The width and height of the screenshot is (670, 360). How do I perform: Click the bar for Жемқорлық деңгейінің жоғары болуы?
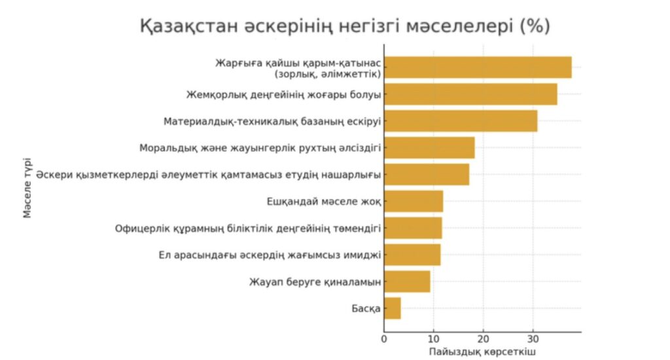(470, 94)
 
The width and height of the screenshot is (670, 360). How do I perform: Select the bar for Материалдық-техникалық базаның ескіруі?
(461, 121)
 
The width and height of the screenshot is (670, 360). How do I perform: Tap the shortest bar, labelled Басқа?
(393, 308)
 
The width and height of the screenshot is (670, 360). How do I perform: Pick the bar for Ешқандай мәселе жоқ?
(414, 201)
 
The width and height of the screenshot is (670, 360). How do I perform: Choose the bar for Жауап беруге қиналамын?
(407, 281)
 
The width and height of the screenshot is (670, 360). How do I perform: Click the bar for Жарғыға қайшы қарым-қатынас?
(478, 67)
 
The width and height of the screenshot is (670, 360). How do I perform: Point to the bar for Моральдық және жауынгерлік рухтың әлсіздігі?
(429, 148)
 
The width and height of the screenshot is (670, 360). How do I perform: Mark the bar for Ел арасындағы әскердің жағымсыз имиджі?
(412, 255)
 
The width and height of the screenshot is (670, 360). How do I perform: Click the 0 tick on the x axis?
(384, 338)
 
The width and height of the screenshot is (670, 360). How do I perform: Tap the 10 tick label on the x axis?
(433, 338)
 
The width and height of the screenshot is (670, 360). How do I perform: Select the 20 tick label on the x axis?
(483, 338)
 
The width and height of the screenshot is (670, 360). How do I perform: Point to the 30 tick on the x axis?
(533, 338)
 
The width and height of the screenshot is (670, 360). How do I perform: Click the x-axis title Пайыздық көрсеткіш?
(482, 352)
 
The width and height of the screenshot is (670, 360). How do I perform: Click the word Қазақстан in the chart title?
(194, 27)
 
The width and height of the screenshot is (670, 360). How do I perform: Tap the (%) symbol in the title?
(534, 27)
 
